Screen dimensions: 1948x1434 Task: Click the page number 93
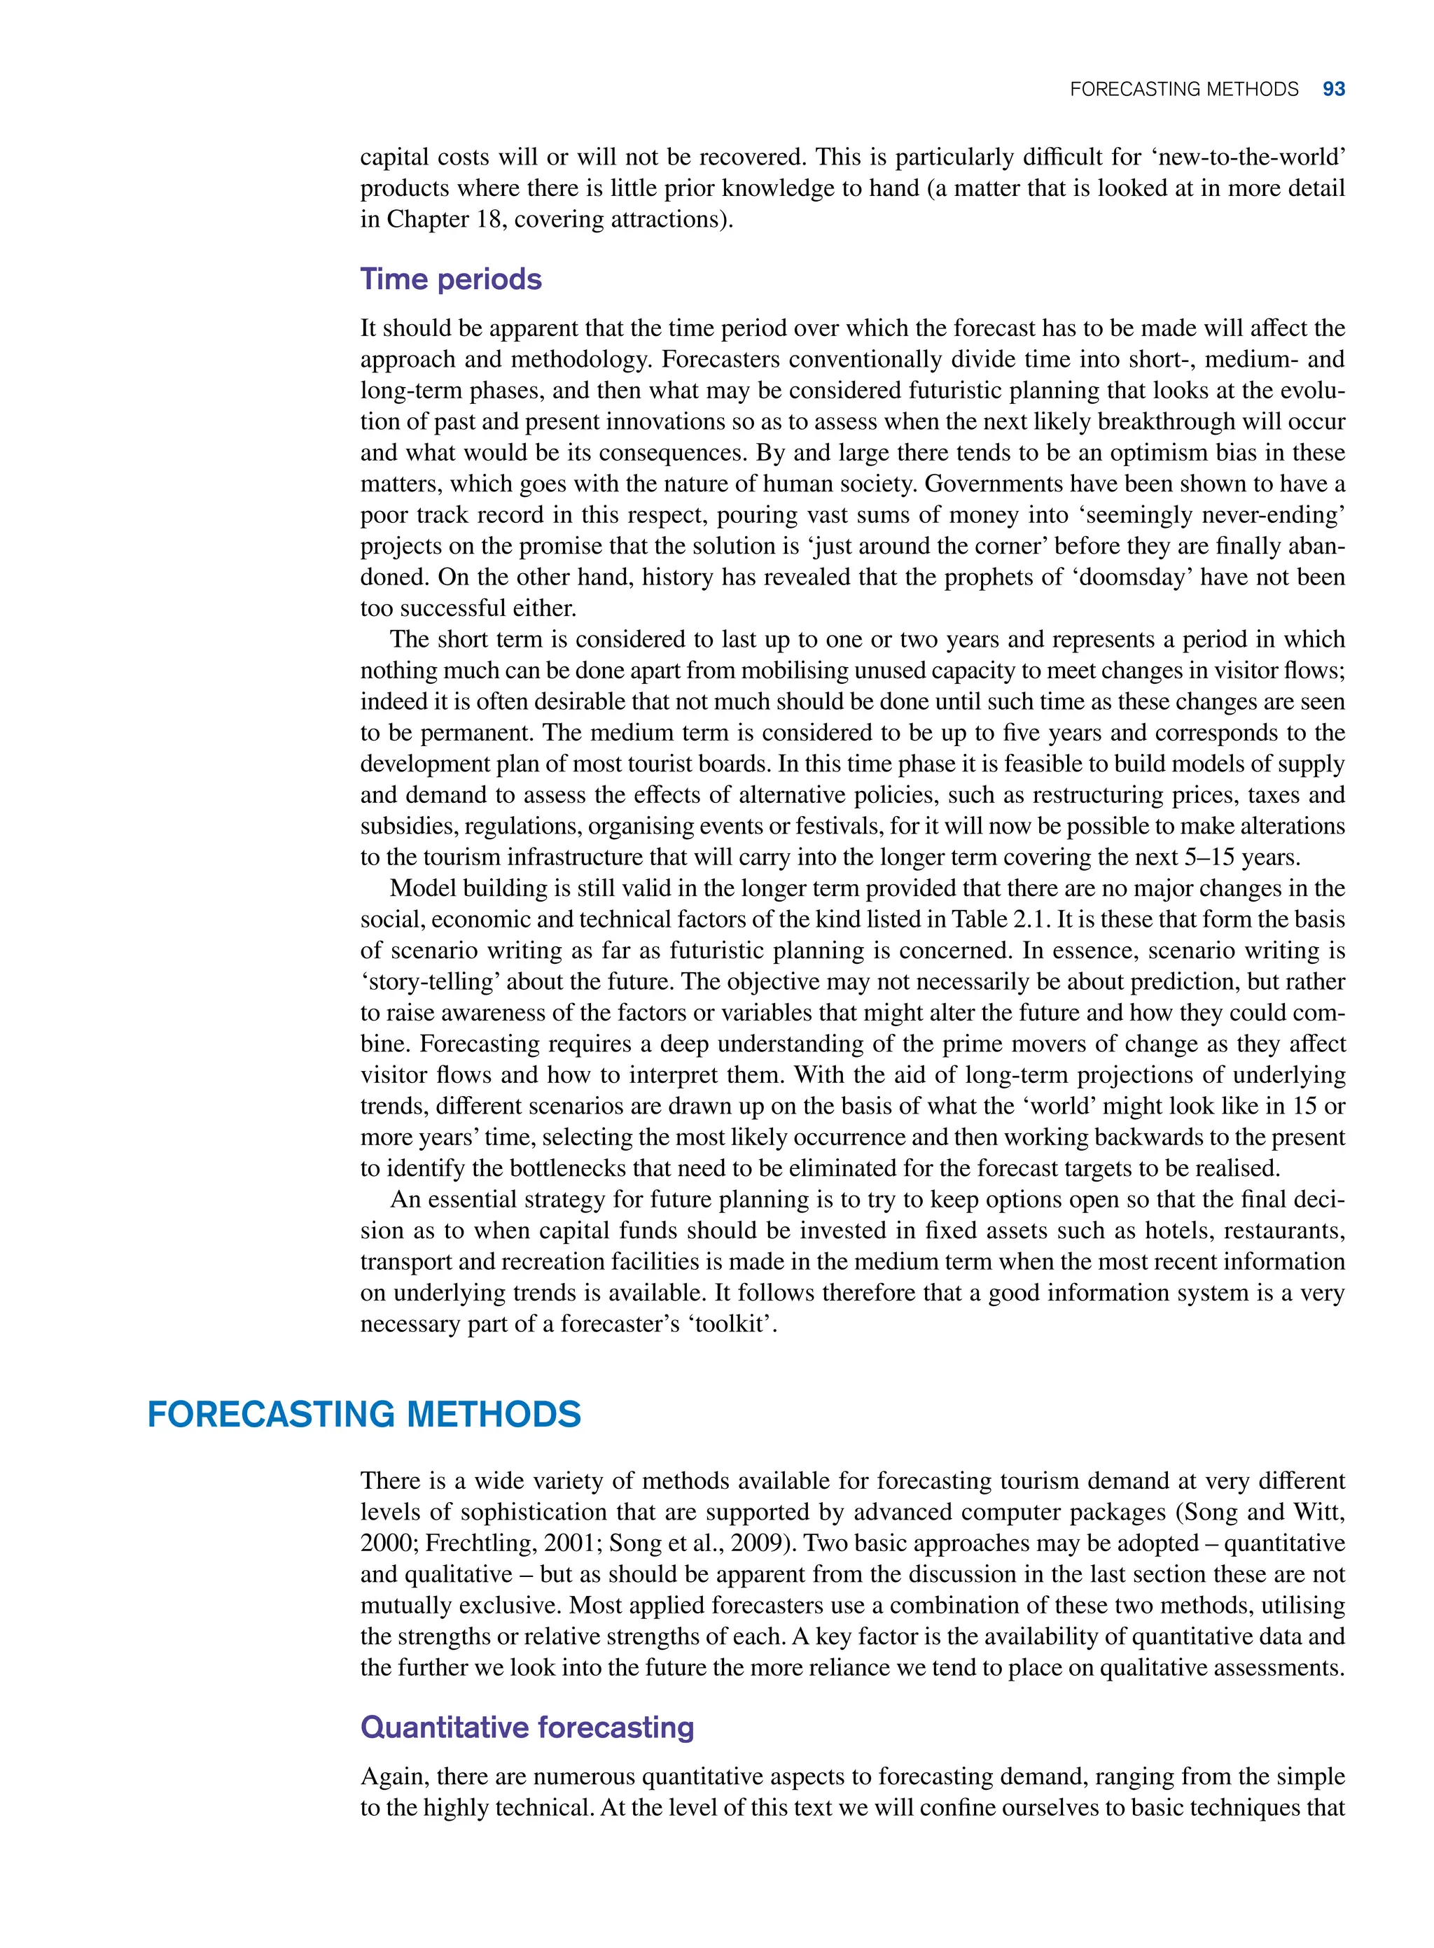click(1333, 90)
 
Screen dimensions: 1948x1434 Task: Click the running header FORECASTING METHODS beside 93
click(1184, 90)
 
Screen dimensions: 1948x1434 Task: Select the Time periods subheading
click(450, 279)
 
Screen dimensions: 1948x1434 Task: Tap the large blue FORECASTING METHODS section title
click(363, 1415)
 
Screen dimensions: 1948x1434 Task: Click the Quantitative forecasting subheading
click(527, 1728)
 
